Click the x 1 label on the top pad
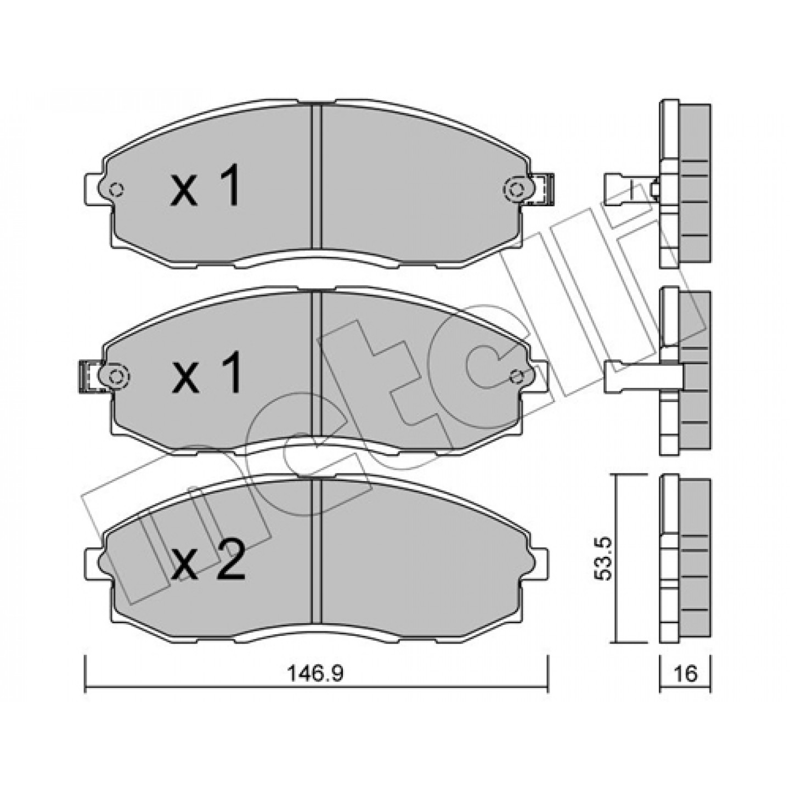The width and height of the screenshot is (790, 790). (205, 185)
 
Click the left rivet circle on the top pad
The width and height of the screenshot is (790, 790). (117, 190)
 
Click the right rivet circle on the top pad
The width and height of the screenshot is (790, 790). (517, 189)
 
